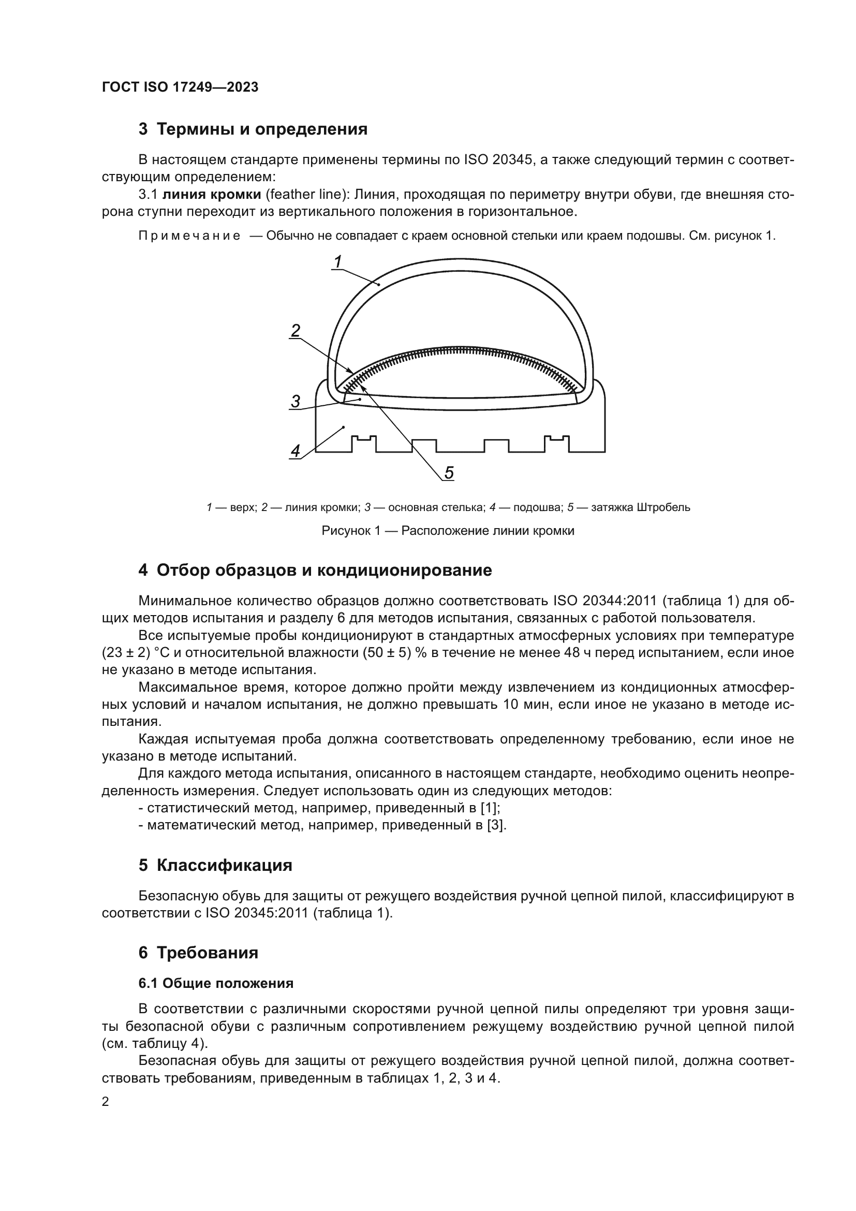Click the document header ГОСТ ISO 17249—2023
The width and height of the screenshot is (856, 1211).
tap(180, 87)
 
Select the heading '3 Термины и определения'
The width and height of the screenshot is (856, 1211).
tap(253, 129)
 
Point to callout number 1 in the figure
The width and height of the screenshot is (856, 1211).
tap(338, 261)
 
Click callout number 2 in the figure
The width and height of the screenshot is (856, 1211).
tap(296, 331)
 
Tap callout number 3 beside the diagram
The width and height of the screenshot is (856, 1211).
tap(296, 401)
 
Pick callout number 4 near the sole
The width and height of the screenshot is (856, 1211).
tap(296, 451)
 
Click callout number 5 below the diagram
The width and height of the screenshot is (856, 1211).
tap(449, 473)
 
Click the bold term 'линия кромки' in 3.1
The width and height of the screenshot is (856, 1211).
tap(211, 195)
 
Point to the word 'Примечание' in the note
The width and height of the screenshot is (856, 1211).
tap(189, 236)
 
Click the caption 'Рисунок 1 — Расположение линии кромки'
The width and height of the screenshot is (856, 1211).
tap(448, 531)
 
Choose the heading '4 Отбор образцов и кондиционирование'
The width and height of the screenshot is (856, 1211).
tap(315, 570)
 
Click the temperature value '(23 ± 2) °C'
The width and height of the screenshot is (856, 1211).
tap(135, 652)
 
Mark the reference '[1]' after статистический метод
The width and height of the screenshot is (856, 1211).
tap(490, 808)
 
